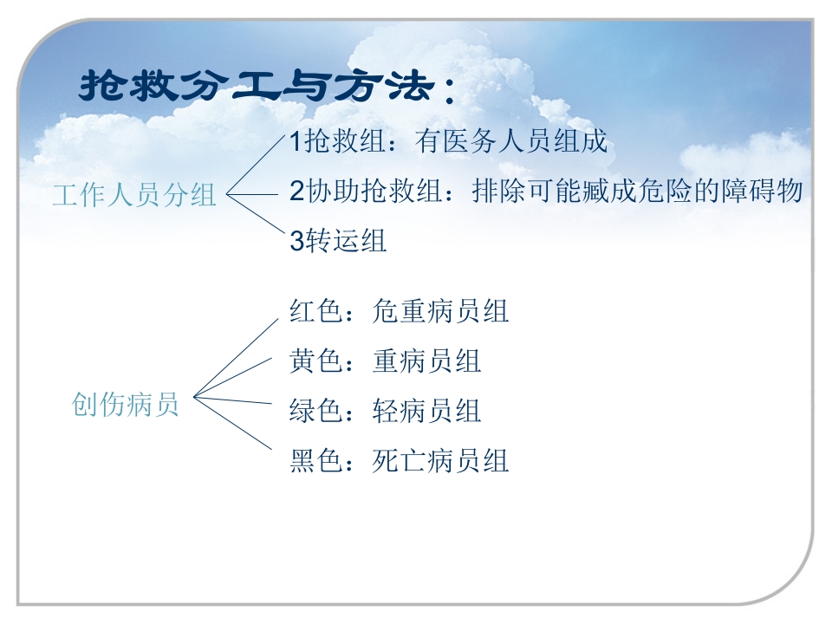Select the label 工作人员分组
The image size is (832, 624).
coord(134,195)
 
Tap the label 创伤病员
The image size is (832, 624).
coord(126,405)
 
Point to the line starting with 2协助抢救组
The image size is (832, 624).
coord(546,192)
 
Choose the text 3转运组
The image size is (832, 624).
coord(338,241)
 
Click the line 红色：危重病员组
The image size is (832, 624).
coord(399,311)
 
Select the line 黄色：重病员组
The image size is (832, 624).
coord(385,361)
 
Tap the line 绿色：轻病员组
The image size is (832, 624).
coord(385,410)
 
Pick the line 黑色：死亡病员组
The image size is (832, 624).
coord(399,460)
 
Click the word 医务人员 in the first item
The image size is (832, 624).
coord(498,141)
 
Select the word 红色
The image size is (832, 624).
coord(316,311)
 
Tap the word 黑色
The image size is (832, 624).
coord(316,460)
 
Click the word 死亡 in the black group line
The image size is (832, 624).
coord(399,460)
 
